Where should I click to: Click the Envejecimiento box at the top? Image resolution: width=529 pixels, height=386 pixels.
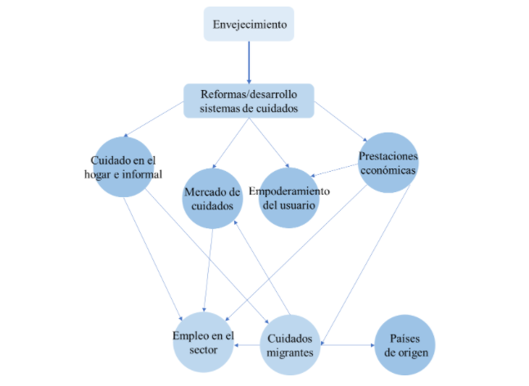pyautogui.click(x=248, y=24)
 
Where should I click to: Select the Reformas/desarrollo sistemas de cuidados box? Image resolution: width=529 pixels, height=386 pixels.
pyautogui.click(x=248, y=100)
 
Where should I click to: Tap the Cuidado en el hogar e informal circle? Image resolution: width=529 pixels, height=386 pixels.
pyautogui.click(x=125, y=165)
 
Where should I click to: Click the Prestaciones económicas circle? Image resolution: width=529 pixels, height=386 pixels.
pyautogui.click(x=388, y=163)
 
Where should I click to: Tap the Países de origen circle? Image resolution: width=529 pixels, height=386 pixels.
pyautogui.click(x=405, y=344)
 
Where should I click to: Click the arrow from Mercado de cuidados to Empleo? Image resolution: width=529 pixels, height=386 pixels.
pyautogui.click(x=209, y=270)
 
